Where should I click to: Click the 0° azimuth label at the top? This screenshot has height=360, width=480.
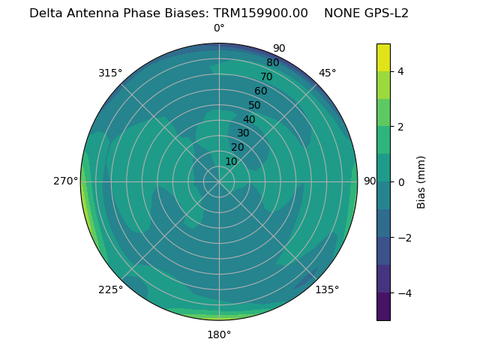[x=219, y=28]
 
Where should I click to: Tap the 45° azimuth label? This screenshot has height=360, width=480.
[x=327, y=73]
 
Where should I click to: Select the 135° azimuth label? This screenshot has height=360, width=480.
[x=327, y=289]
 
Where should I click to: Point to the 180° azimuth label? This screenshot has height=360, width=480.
[x=219, y=334]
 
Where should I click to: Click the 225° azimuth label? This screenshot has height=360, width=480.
[x=110, y=289]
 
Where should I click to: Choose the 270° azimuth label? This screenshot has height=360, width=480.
[x=66, y=181]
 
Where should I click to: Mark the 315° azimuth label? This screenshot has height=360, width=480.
[x=110, y=73]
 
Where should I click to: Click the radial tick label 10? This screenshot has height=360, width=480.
[x=231, y=161]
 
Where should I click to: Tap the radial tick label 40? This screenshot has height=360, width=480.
[x=249, y=119]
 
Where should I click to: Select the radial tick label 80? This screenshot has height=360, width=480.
[x=272, y=63]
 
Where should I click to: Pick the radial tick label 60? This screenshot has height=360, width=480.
[x=260, y=91]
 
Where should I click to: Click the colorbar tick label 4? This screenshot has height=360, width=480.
[x=401, y=71]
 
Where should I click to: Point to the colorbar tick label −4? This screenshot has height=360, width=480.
[x=404, y=292]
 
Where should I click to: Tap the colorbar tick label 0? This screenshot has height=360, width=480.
[x=401, y=181]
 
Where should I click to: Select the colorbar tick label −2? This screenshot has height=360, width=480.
[x=404, y=237]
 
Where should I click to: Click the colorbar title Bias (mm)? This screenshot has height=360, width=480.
[x=421, y=181]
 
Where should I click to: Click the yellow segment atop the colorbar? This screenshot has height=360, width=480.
[x=383, y=57]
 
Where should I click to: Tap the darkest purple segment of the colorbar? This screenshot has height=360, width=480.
[x=383, y=306]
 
